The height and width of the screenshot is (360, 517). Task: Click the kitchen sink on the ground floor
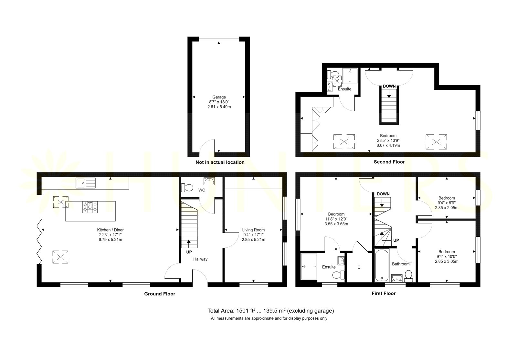click(x=86, y=183)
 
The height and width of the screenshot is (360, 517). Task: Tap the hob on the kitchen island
click(x=90, y=207)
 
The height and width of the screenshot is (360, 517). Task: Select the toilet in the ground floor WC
click(x=187, y=188)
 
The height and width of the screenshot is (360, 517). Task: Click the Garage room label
click(x=219, y=97)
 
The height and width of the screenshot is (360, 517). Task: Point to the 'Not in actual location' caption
click(x=220, y=162)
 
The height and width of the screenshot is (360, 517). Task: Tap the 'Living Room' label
click(x=253, y=230)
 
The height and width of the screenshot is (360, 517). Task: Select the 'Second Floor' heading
click(x=389, y=162)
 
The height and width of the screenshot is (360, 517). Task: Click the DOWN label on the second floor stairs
click(x=389, y=86)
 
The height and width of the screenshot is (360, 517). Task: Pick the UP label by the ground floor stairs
click(x=189, y=252)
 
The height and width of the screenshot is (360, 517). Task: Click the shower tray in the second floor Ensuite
click(x=350, y=76)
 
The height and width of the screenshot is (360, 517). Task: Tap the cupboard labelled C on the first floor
click(x=359, y=267)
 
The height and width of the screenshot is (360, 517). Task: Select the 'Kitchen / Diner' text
click(x=110, y=230)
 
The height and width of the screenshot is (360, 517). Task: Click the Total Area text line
click(x=271, y=311)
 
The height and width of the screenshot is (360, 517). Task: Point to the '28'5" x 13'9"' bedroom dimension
click(x=388, y=140)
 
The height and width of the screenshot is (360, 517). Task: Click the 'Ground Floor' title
click(x=160, y=294)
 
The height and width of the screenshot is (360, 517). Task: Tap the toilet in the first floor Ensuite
click(x=338, y=275)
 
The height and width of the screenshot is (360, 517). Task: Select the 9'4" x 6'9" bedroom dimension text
click(x=447, y=203)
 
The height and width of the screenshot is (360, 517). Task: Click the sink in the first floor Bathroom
click(x=397, y=278)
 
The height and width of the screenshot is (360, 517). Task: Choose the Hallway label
click(x=200, y=259)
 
